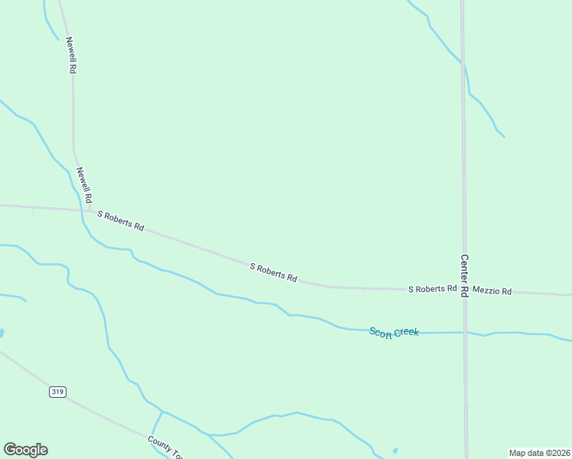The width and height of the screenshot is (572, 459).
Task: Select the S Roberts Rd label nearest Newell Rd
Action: (x=121, y=221)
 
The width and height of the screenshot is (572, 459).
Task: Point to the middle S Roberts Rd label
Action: (x=273, y=273)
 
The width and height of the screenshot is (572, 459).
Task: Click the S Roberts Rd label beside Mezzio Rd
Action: (x=432, y=289)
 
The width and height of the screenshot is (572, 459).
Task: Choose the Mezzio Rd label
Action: (x=492, y=291)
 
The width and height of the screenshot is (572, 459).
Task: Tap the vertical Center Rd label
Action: (x=464, y=276)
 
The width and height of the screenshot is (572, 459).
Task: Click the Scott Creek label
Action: (x=394, y=332)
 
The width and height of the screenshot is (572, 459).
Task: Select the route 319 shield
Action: (x=57, y=392)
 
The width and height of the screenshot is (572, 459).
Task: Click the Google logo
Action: (x=26, y=450)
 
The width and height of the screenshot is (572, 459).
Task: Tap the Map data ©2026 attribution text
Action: (x=539, y=452)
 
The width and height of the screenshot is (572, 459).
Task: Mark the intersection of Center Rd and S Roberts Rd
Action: (x=464, y=290)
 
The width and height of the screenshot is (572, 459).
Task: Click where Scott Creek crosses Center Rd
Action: (x=465, y=333)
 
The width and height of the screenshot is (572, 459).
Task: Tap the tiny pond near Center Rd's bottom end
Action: (x=395, y=450)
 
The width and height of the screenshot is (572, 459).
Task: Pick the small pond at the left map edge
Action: (x=2, y=334)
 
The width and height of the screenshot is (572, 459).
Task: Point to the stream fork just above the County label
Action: (x=162, y=412)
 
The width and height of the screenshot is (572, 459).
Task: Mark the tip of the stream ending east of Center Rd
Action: (x=504, y=137)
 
